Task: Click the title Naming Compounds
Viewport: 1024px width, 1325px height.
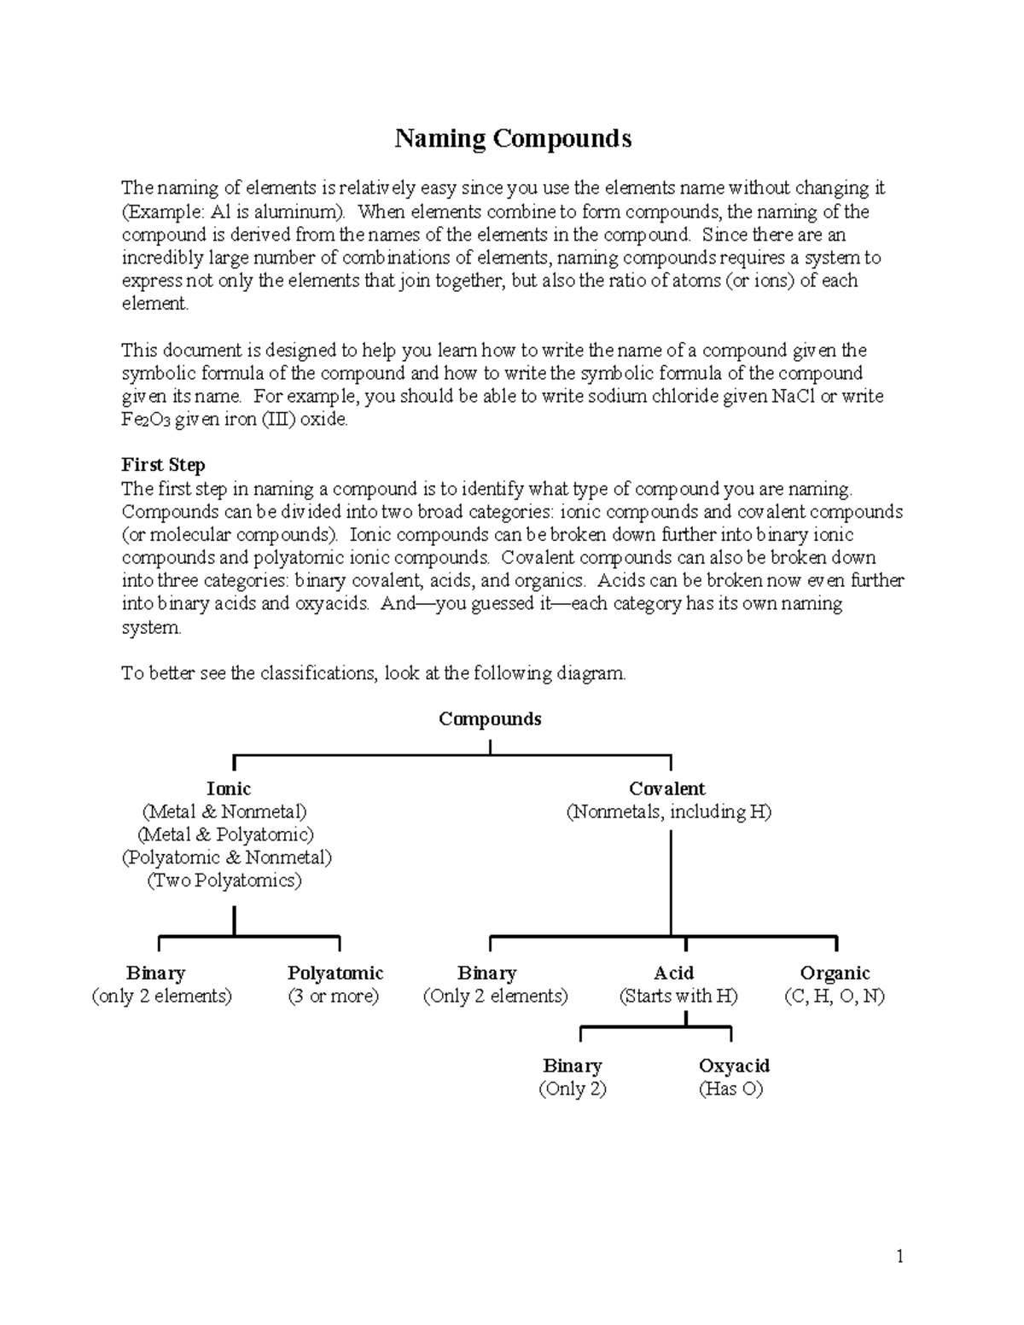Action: point(512,138)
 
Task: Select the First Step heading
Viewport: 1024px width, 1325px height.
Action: point(163,465)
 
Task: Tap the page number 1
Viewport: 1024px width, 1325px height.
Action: point(899,1256)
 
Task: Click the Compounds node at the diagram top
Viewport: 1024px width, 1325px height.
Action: point(490,719)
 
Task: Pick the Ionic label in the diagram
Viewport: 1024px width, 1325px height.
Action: point(228,789)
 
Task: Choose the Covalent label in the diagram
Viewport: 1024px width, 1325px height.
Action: point(666,789)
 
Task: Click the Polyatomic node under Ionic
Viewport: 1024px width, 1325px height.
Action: point(335,973)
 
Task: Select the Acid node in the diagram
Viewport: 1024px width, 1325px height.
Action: point(673,973)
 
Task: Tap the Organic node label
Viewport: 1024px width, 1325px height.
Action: point(834,973)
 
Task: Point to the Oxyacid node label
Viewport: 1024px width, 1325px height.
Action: point(734,1066)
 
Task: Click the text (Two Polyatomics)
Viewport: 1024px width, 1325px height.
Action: point(224,880)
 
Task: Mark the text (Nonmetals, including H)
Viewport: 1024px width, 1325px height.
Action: point(668,812)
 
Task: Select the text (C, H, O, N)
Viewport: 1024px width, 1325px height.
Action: point(834,997)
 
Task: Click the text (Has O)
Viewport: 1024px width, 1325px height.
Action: point(730,1090)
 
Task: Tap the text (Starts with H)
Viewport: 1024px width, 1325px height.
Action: point(678,997)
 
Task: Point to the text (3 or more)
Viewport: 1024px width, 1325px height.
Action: point(334,997)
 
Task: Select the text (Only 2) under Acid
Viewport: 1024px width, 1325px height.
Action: point(572,1090)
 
